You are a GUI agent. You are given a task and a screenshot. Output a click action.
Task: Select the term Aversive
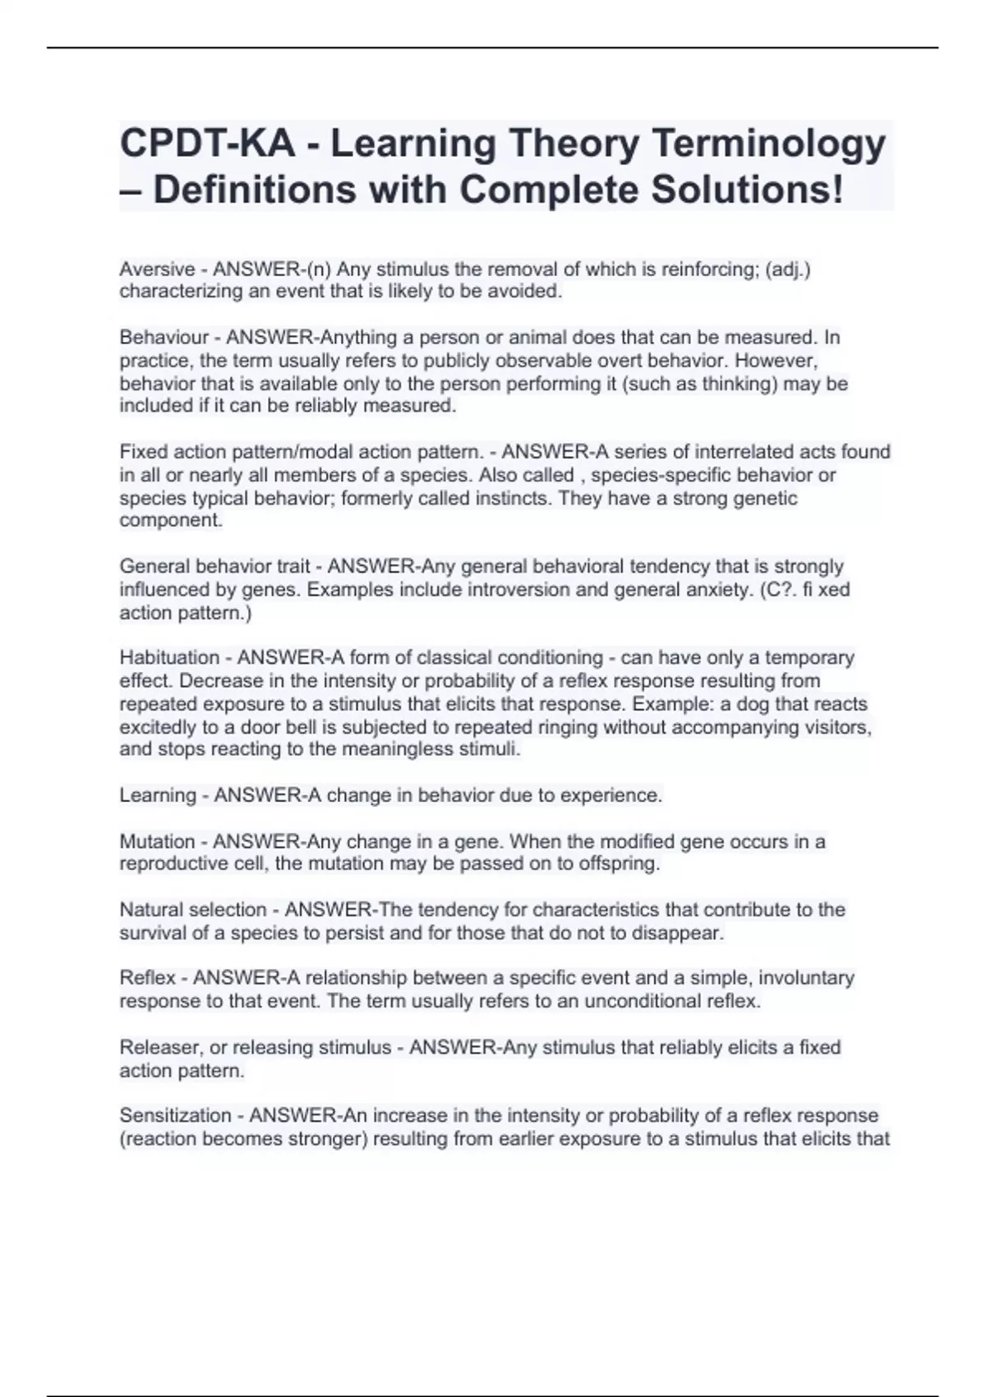tap(157, 270)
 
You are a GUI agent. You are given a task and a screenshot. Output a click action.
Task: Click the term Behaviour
tap(164, 338)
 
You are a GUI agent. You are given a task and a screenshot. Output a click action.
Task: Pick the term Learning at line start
tap(158, 795)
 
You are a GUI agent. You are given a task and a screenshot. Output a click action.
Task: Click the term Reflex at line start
tap(147, 978)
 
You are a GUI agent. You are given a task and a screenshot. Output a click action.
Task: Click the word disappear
tap(680, 934)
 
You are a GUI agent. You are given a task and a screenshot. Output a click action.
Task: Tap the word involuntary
tap(806, 978)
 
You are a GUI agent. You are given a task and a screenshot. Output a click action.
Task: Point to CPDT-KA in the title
tap(207, 145)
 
